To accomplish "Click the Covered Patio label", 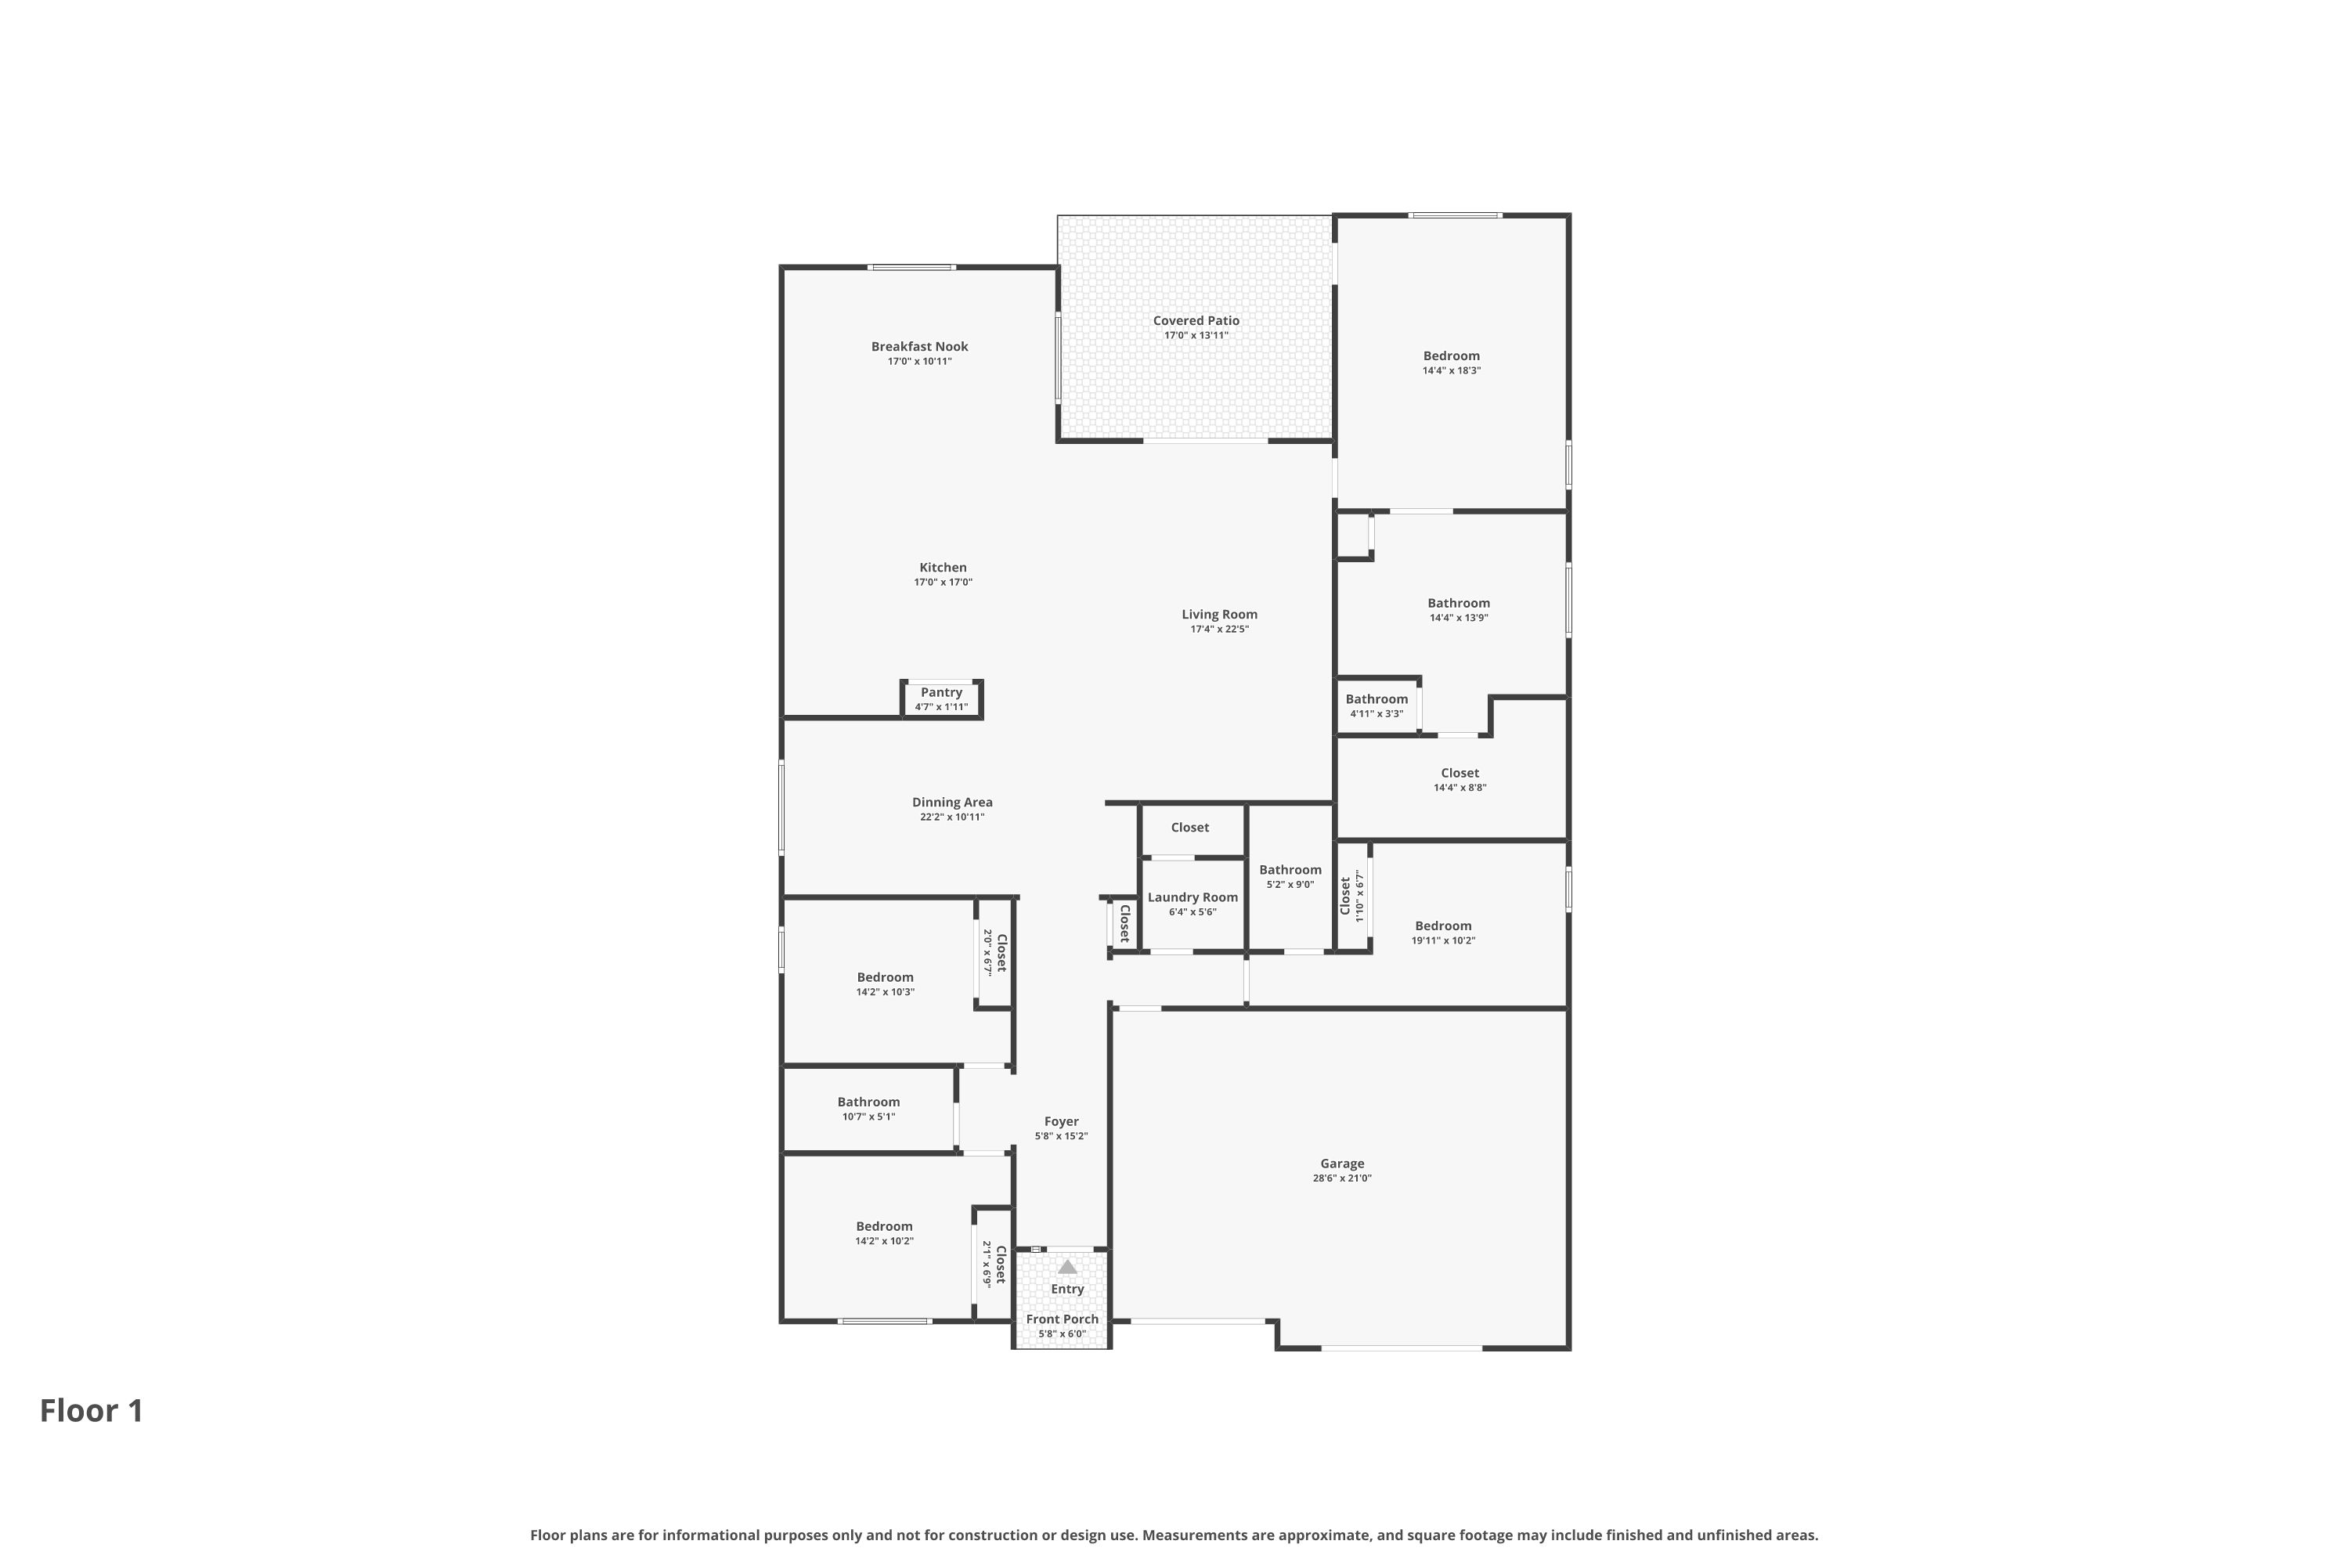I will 1196,320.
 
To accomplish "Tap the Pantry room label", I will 941,692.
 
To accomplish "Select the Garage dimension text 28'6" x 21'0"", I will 1341,1178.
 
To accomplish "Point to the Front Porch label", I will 1062,1319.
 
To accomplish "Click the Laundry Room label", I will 1193,897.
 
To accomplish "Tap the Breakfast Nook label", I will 918,347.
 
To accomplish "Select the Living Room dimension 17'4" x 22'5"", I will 1218,630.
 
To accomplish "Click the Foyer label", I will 1061,1121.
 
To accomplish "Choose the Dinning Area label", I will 952,802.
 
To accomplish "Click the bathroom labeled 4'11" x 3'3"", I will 1377,699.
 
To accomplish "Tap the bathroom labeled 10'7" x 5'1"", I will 868,1102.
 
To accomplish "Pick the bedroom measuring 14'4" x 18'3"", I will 1451,355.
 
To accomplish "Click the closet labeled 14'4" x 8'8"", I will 1460,773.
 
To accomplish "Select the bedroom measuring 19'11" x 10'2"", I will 1442,926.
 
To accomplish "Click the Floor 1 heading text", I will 91,1410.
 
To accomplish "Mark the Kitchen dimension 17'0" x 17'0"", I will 942,583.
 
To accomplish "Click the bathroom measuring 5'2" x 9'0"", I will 1290,870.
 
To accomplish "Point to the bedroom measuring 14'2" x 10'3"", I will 884,978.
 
